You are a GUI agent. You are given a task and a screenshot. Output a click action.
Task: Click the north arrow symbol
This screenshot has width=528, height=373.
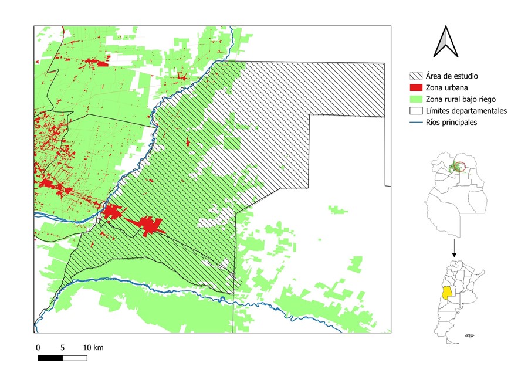coord(445,42)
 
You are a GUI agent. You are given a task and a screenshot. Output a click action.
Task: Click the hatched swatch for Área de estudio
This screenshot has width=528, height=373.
coord(416,76)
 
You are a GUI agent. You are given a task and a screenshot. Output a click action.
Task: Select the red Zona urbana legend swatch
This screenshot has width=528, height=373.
coord(416,87)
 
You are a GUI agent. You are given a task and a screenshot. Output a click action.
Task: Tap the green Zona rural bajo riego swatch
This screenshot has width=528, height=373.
coord(416,99)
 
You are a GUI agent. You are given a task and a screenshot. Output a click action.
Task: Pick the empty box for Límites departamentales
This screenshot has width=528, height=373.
coord(416,111)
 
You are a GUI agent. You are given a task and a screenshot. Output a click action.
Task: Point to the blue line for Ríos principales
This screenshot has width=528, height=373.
coord(416,123)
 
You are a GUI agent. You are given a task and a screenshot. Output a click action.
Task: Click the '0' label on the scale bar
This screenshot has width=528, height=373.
coord(38,348)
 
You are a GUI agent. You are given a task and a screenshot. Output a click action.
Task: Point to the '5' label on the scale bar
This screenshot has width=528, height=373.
coord(63,348)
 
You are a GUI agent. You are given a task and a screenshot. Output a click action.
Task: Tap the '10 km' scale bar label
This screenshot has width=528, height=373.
coord(93,348)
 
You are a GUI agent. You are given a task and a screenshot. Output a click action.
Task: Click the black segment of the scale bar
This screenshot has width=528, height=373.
coord(50,358)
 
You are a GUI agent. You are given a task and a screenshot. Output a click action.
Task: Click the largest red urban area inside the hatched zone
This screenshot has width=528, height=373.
coord(149,225)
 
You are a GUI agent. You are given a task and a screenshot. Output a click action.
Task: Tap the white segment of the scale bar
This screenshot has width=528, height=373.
coord(75,358)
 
